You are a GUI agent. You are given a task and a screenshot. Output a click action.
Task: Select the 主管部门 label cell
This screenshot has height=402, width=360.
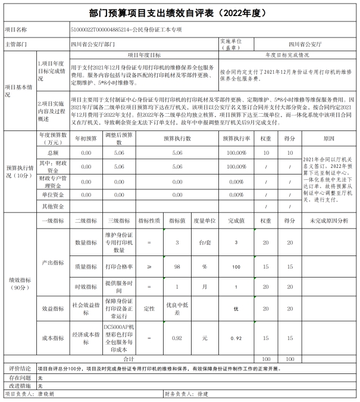(x=18, y=44)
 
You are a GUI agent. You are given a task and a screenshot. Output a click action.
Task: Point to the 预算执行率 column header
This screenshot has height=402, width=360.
(x=236, y=138)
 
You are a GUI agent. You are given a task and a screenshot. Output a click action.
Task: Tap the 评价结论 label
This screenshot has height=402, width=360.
(x=18, y=369)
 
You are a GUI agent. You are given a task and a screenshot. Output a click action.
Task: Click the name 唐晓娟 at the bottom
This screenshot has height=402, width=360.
(x=46, y=394)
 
